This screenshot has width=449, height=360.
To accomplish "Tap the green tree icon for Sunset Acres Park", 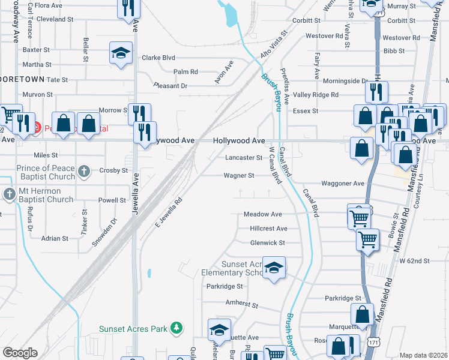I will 176,328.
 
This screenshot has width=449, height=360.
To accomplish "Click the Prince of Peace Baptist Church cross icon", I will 84,170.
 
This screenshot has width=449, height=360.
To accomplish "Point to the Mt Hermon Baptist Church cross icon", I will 9,194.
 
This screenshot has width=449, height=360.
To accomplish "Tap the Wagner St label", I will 239,176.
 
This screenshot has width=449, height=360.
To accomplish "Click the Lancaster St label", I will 244,158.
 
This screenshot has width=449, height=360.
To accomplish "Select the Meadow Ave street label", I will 262,214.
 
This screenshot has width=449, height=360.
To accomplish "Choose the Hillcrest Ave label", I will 268,229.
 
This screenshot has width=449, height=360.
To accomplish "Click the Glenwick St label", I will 267,242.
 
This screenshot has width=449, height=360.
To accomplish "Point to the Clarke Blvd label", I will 158,58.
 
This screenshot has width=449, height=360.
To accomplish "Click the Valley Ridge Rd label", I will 316,95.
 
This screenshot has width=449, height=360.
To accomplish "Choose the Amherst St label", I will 241,305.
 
